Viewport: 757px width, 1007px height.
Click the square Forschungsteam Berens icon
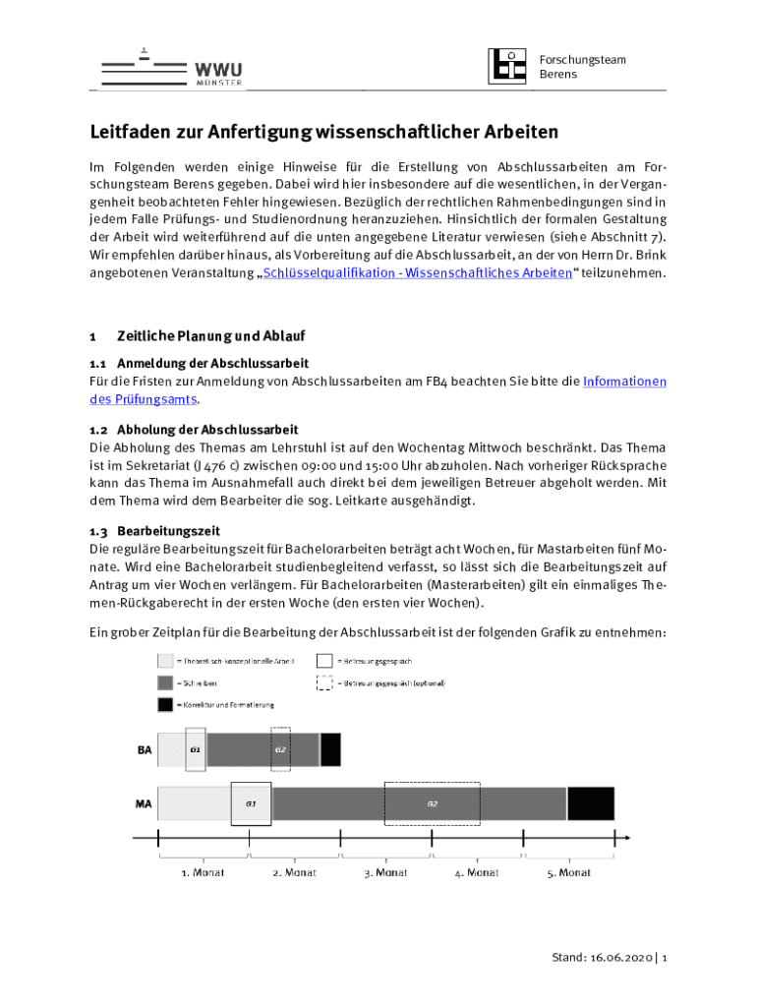[507, 66]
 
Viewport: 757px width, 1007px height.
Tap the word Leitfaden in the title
[131, 131]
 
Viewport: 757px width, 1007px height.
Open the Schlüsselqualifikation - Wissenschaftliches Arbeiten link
[418, 272]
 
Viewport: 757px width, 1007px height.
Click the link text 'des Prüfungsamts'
[143, 398]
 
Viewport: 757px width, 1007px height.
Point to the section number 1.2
[98, 430]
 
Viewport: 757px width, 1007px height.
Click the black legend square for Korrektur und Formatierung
[165, 704]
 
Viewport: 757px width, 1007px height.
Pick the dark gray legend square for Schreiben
[165, 682]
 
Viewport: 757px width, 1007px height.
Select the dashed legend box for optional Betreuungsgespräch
[324, 682]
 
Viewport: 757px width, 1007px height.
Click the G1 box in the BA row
[196, 749]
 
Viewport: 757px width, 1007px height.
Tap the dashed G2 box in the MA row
[432, 803]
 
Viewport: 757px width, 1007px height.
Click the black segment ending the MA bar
[591, 803]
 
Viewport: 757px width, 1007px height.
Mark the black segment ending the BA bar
[331, 749]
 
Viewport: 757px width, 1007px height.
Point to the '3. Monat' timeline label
[385, 872]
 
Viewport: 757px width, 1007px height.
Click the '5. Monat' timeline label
[569, 872]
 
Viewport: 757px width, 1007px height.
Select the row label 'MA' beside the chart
[144, 803]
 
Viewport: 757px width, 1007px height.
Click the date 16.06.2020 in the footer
[616, 958]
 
